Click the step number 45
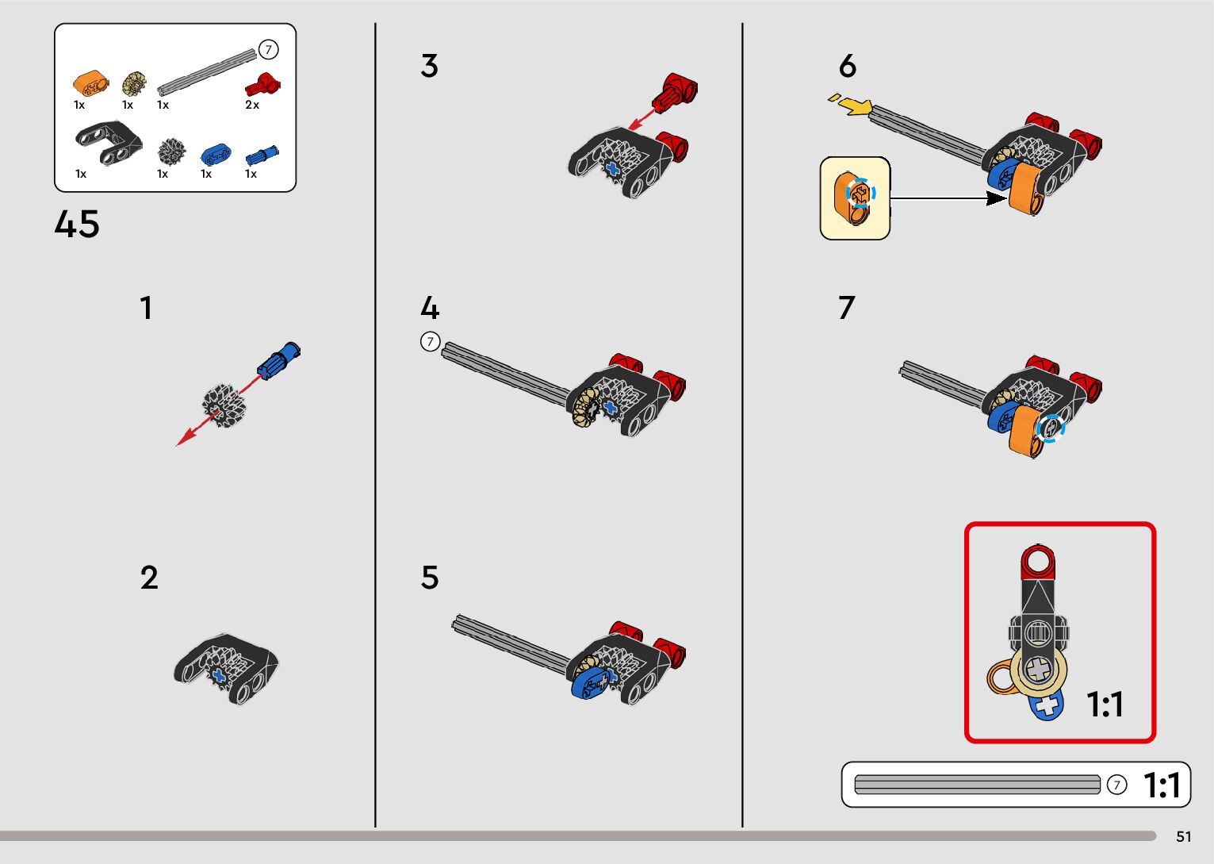pyautogui.click(x=77, y=225)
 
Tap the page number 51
pyautogui.click(x=1184, y=836)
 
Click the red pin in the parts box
pyautogui.click(x=263, y=84)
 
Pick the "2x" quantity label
pyautogui.click(x=252, y=105)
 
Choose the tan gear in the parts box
pyautogui.click(x=134, y=83)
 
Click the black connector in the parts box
pyautogui.click(x=109, y=142)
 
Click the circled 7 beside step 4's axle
pyautogui.click(x=430, y=342)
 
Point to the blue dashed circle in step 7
pyautogui.click(x=1050, y=428)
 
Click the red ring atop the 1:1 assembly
pyautogui.click(x=1038, y=562)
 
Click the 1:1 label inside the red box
pyautogui.click(x=1105, y=705)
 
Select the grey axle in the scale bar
pyautogui.click(x=977, y=785)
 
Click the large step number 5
pyautogui.click(x=430, y=578)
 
